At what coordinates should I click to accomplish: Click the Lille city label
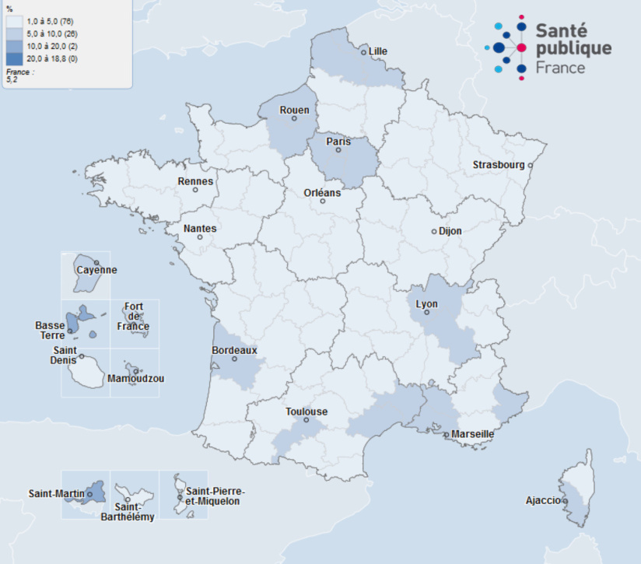378,51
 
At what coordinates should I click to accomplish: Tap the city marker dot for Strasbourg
530,165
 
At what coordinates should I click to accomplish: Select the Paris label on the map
338,142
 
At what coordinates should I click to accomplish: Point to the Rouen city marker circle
294,118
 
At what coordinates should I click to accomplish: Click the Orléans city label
322,193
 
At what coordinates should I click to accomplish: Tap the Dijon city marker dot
434,231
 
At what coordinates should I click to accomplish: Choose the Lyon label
426,304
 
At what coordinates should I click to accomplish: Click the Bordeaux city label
234,350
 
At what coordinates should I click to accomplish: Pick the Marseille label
472,434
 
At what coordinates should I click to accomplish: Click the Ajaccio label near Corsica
542,500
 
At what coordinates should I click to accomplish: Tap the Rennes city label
195,181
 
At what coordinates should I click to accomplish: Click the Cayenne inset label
96,270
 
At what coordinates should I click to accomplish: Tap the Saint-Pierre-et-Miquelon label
215,496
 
